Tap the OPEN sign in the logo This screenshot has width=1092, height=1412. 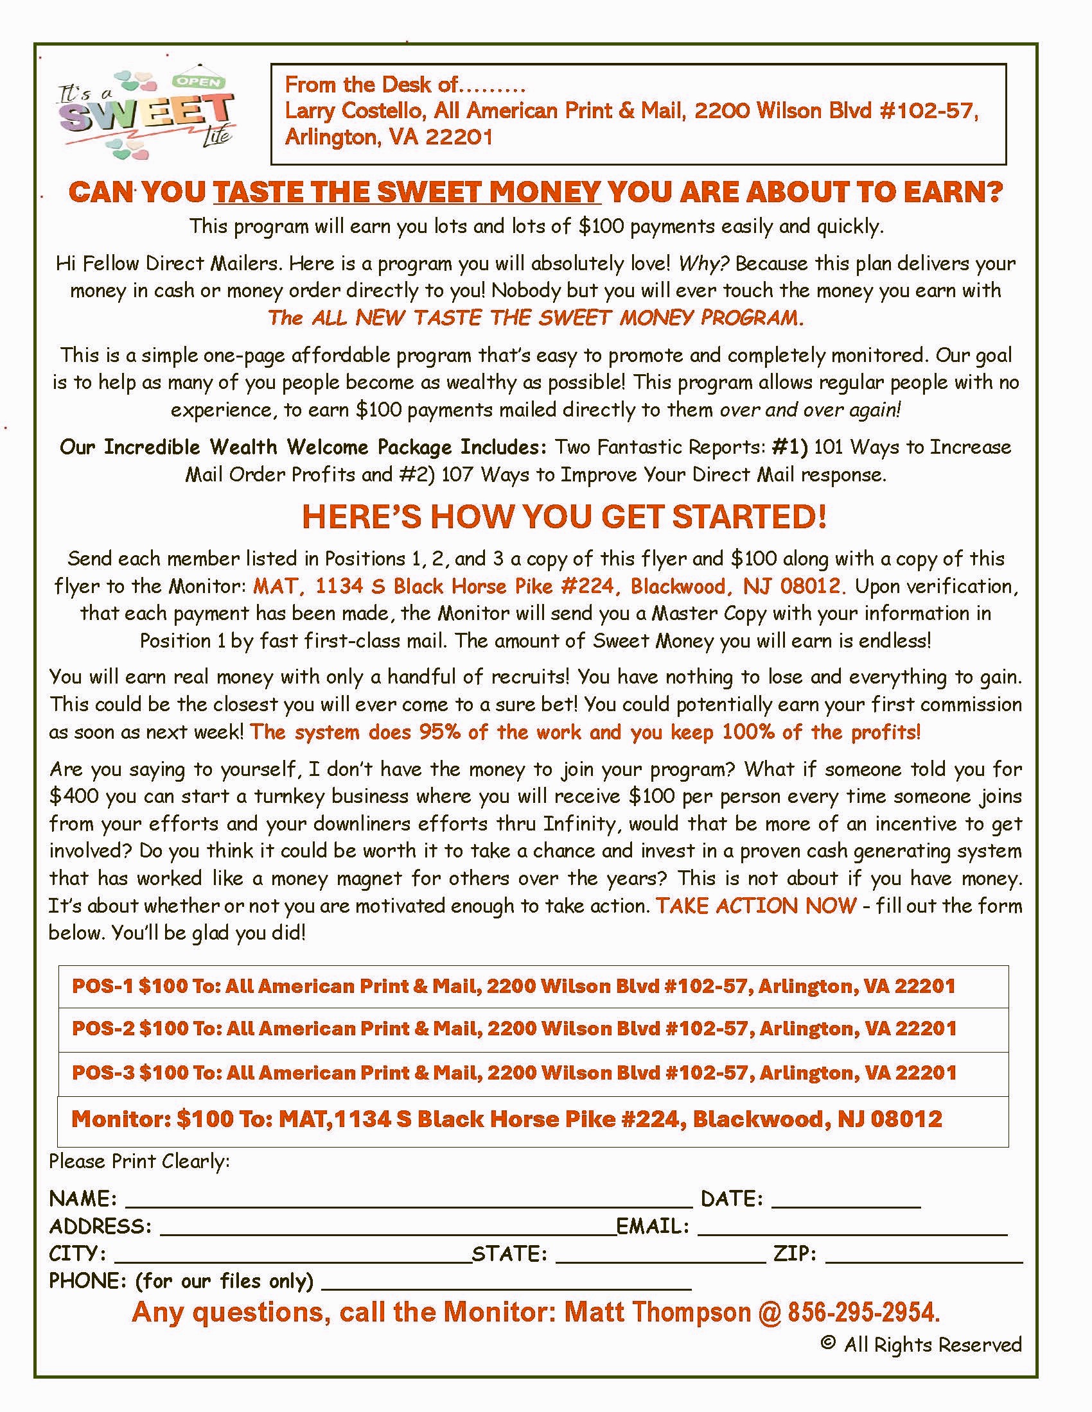click(198, 82)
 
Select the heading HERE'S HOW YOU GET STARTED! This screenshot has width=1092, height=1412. click(564, 517)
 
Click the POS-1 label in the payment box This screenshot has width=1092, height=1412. click(103, 986)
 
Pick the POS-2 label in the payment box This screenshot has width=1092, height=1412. click(103, 1029)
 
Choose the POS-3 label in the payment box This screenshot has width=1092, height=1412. click(103, 1072)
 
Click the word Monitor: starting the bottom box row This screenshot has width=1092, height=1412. click(120, 1119)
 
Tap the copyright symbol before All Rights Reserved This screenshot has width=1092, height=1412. click(827, 1343)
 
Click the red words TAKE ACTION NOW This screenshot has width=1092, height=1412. click(756, 906)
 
